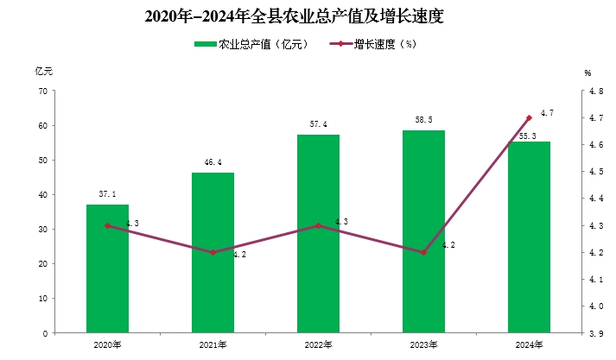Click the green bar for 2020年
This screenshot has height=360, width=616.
107,268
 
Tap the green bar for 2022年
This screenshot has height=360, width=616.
318,233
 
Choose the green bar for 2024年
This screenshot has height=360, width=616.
529,237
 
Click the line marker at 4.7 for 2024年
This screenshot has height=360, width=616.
529,117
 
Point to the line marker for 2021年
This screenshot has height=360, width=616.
213,252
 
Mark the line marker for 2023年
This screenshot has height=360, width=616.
423,252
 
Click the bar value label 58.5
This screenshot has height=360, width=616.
423,122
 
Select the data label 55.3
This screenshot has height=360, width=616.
526,136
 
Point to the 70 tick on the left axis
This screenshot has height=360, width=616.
42,92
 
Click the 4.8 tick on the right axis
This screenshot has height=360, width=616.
595,92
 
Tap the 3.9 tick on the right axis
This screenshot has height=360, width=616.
595,332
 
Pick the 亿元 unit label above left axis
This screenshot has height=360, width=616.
44,72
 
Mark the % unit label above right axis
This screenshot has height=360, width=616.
587,73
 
